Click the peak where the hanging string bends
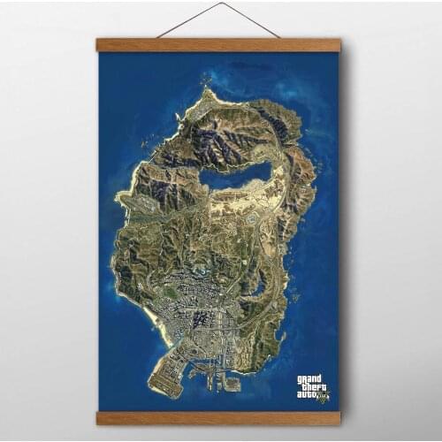pos(220,4)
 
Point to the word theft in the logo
pos(311,387)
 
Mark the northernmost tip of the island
pos(207,88)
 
